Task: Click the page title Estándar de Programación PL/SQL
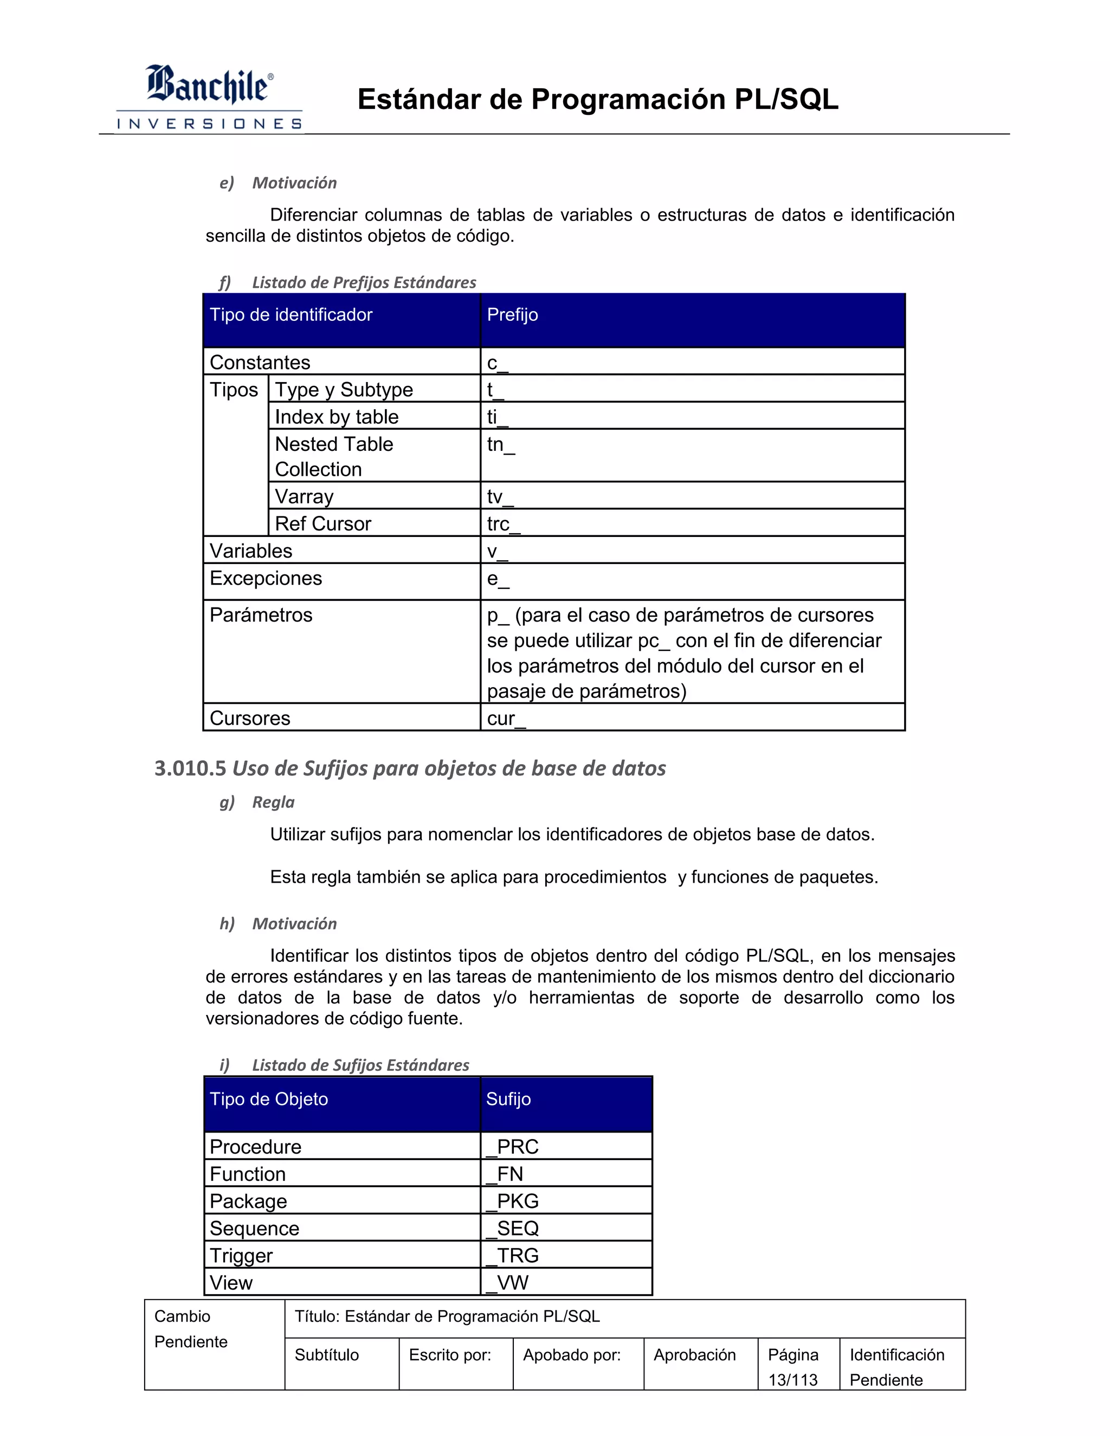click(x=597, y=99)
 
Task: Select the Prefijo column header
click(x=512, y=315)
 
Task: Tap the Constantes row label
click(x=260, y=363)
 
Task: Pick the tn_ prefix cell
click(x=501, y=445)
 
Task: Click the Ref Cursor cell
click(x=323, y=524)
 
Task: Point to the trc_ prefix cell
click(x=504, y=524)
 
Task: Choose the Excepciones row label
click(x=266, y=579)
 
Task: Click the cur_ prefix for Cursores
click(x=506, y=719)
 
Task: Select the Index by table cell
click(x=337, y=417)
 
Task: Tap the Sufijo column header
click(x=508, y=1099)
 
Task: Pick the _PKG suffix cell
click(x=512, y=1201)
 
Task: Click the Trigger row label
click(x=241, y=1256)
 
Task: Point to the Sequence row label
click(x=254, y=1228)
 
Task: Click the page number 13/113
click(x=792, y=1380)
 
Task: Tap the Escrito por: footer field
click(x=450, y=1355)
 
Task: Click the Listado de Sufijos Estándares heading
click(x=360, y=1065)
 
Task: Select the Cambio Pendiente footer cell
click(x=191, y=1329)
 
